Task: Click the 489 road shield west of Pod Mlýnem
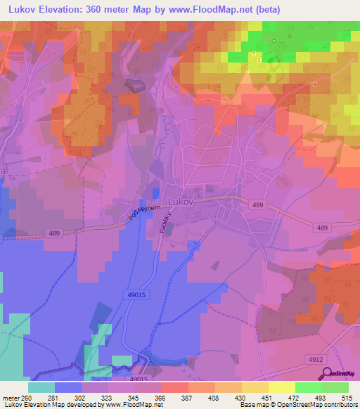click(55, 233)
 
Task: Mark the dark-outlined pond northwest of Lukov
click(134, 85)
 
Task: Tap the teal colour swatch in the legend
click(41, 387)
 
